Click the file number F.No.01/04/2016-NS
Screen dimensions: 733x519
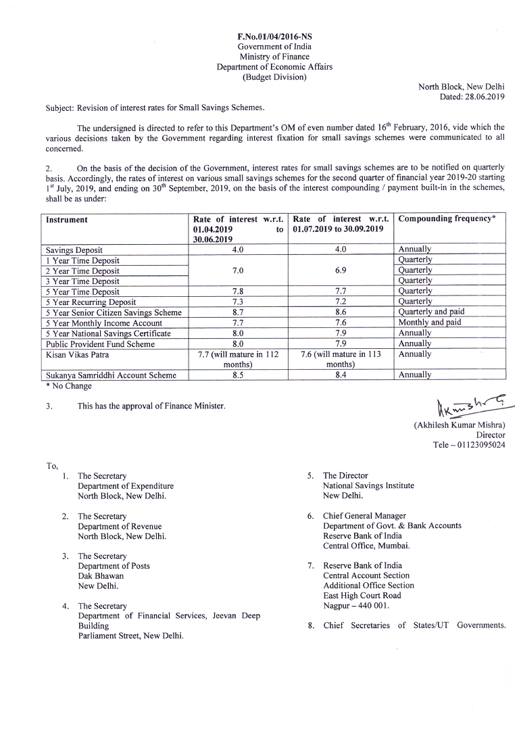point(274,36)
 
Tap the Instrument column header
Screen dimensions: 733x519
point(67,220)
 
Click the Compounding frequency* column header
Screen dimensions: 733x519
point(447,219)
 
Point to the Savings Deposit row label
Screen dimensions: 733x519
point(74,250)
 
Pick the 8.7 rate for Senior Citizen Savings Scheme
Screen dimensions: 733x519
point(238,312)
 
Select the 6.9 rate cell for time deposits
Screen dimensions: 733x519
point(341,270)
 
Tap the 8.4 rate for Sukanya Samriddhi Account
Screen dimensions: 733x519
point(341,375)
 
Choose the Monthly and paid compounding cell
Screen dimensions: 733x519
point(430,323)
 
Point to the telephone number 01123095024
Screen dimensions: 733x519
point(480,445)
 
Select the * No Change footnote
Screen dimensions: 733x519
point(68,386)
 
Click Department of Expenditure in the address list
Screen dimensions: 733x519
point(126,486)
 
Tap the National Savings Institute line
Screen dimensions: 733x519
point(368,486)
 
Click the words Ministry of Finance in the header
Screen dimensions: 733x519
point(274,57)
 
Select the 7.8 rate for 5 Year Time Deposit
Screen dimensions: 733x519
point(238,291)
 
